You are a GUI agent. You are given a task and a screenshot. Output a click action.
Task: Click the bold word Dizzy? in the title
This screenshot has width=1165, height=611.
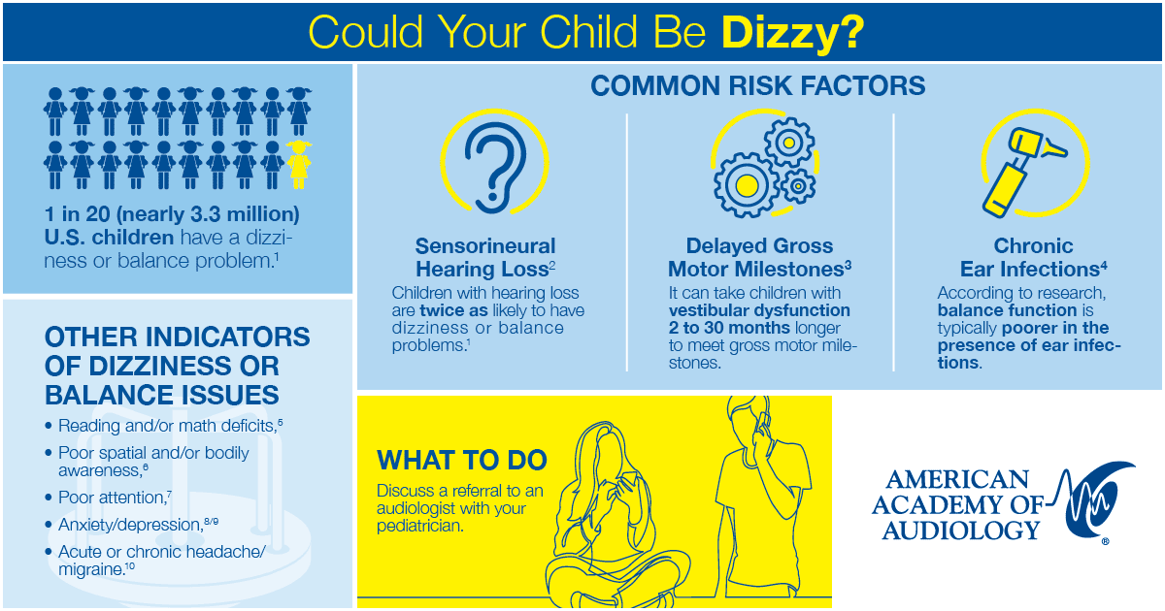click(792, 32)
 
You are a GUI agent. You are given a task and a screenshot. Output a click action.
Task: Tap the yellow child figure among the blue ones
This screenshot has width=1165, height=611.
click(299, 165)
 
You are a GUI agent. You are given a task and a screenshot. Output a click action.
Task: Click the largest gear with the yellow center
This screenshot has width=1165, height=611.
click(747, 185)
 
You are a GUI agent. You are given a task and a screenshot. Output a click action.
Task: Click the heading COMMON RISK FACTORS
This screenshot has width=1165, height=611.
click(758, 85)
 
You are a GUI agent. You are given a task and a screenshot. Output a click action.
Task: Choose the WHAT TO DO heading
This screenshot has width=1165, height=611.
click(462, 461)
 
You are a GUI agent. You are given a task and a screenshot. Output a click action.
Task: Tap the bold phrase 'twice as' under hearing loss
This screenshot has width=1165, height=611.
click(453, 310)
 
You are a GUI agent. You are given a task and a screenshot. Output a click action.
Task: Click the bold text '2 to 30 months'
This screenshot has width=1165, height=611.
click(729, 328)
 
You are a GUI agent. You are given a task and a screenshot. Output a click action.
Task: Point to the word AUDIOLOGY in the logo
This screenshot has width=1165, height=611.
click(961, 531)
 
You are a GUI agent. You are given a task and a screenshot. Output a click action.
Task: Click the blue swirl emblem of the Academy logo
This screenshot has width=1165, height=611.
click(1092, 499)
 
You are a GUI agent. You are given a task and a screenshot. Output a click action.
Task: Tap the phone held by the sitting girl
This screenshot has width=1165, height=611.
click(629, 479)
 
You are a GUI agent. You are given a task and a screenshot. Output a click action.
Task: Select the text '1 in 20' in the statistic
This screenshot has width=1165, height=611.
click(78, 214)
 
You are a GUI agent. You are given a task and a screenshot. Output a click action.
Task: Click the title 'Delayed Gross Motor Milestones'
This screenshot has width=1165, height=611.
click(759, 258)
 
